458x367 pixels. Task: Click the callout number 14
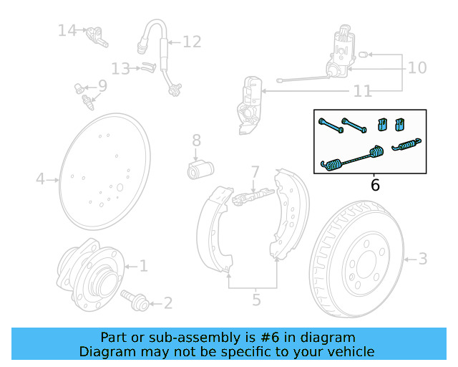(67, 30)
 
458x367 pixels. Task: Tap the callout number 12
(192, 42)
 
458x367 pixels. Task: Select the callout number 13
(120, 69)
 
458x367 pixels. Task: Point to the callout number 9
(102, 86)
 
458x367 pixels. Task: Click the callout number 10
(416, 68)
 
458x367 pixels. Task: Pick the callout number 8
(195, 140)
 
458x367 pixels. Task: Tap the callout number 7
(254, 172)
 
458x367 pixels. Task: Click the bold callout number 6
(375, 185)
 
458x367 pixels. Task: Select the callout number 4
(41, 178)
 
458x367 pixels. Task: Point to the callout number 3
(422, 258)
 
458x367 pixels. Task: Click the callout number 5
(256, 300)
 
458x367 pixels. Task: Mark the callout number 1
(143, 267)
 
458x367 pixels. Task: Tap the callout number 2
(167, 303)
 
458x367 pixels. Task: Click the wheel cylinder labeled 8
(200, 170)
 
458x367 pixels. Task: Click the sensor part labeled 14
(96, 35)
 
